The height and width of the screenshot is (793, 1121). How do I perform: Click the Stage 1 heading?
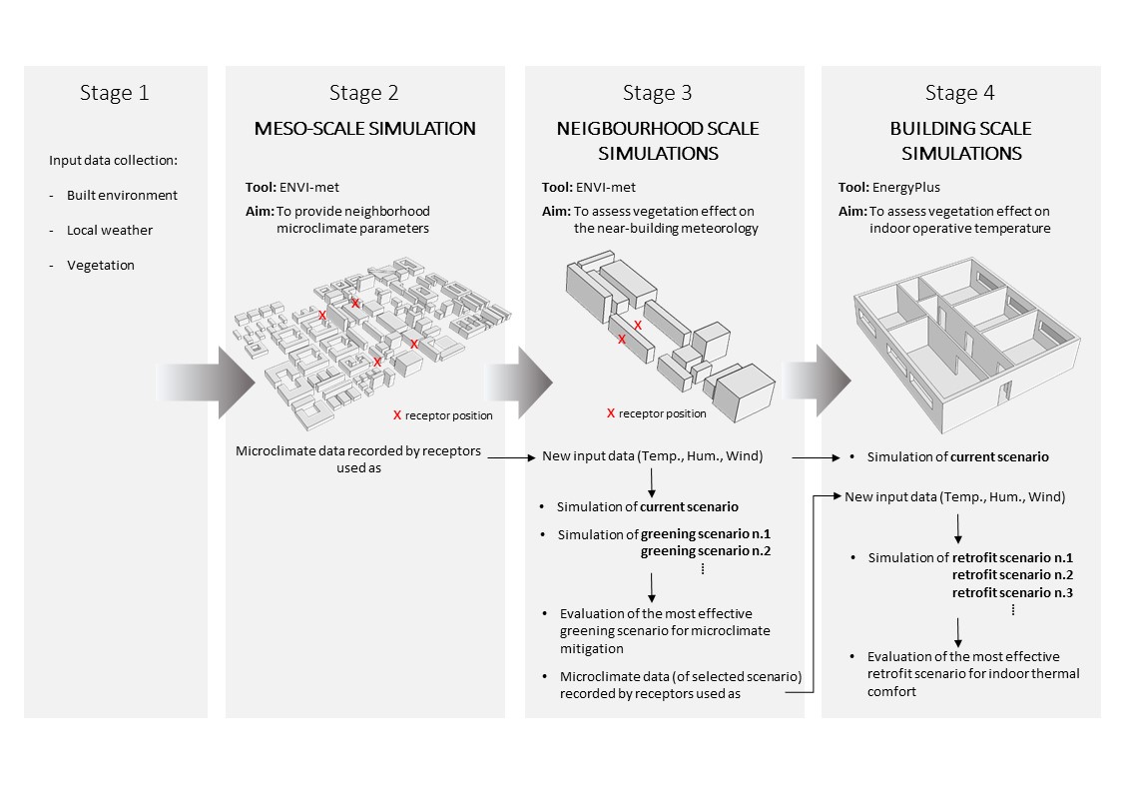click(115, 94)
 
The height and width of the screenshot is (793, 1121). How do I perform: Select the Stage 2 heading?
click(364, 94)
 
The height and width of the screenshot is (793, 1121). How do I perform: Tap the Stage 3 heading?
click(657, 94)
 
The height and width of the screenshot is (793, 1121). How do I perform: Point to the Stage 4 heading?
click(959, 94)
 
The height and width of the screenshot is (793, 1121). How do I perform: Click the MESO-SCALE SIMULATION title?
click(364, 129)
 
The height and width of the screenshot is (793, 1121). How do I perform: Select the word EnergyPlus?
click(905, 187)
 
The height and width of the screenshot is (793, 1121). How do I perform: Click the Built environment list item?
click(122, 195)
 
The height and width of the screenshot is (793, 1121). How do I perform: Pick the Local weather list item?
click(110, 230)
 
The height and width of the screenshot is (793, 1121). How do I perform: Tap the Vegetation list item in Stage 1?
click(100, 265)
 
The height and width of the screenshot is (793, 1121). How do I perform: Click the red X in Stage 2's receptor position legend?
click(397, 414)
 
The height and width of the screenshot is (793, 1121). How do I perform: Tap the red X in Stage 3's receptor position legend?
click(611, 412)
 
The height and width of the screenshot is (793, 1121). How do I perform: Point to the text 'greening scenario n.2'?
click(694, 551)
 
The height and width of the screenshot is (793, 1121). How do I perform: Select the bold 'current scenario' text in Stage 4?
click(999, 456)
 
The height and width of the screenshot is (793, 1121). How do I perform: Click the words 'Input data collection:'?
click(113, 161)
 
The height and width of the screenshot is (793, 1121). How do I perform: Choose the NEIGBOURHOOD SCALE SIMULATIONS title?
click(657, 141)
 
